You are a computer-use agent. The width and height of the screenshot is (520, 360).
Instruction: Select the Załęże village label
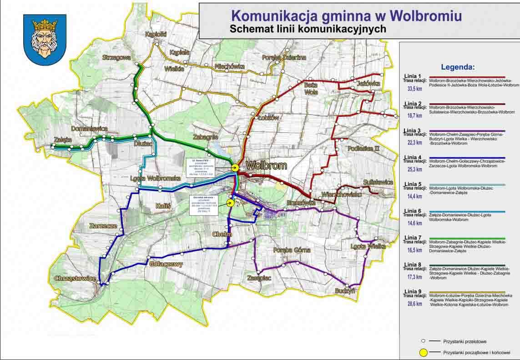(63, 140)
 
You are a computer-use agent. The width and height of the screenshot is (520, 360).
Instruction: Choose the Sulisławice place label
(378, 182)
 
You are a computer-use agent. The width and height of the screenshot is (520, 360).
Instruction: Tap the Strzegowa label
(116, 58)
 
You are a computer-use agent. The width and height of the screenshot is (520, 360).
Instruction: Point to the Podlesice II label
(363, 149)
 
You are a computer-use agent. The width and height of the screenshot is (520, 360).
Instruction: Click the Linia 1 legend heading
(413, 76)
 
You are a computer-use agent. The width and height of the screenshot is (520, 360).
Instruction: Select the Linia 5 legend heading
(413, 184)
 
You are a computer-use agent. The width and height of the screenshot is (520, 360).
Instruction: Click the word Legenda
(458, 67)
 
